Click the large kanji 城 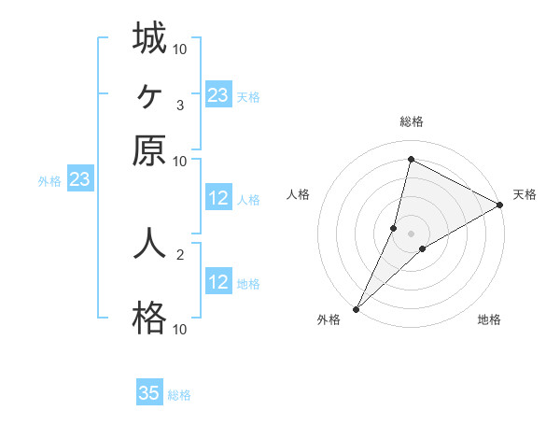pyautogui.click(x=149, y=38)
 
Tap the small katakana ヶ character pyautogui.click(x=149, y=94)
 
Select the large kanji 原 pyautogui.click(x=149, y=150)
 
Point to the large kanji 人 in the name pyautogui.click(x=149, y=244)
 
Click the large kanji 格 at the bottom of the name pyautogui.click(x=149, y=319)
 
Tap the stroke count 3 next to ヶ pyautogui.click(x=179, y=105)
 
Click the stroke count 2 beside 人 pyautogui.click(x=179, y=253)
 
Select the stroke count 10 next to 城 pyautogui.click(x=179, y=48)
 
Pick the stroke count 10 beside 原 pyautogui.click(x=179, y=161)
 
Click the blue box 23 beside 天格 pyautogui.click(x=218, y=94)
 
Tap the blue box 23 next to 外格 pyautogui.click(x=79, y=179)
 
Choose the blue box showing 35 pyautogui.click(x=149, y=393)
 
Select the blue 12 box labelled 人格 pyautogui.click(x=218, y=198)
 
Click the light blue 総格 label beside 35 pyautogui.click(x=179, y=395)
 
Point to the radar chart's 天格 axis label pyautogui.click(x=525, y=194)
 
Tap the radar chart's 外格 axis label pyautogui.click(x=329, y=320)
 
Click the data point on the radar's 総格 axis pyautogui.click(x=411, y=159)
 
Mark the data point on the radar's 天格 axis pyautogui.click(x=500, y=205)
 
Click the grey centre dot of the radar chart pyautogui.click(x=411, y=234)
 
